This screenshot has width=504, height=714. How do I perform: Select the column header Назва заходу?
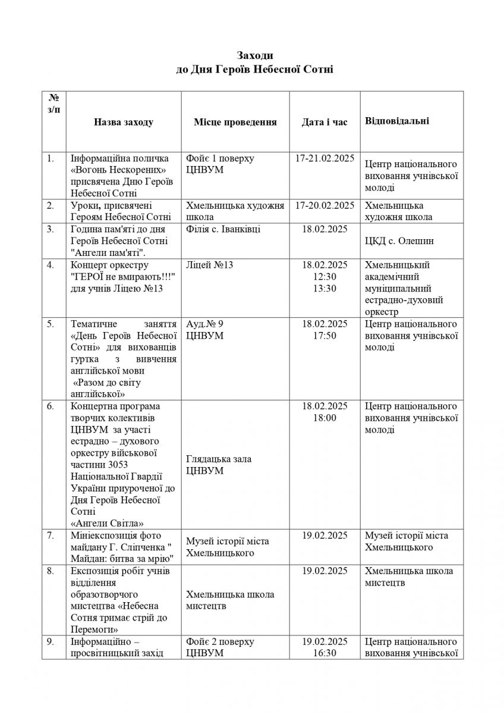coord(124,122)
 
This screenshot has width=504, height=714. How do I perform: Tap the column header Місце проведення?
coord(235,122)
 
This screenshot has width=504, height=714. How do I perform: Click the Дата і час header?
coord(325,122)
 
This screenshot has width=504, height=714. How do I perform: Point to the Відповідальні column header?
coord(397,121)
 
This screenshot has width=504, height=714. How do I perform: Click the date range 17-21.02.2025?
coord(325,158)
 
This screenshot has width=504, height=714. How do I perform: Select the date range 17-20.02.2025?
coord(325,205)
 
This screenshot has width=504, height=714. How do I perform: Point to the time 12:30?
coord(325,277)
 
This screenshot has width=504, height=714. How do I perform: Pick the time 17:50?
coord(325,336)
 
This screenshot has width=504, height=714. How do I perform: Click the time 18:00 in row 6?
coord(325,418)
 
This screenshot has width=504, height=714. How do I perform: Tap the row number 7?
coord(51,535)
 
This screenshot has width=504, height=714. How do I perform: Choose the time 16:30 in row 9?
coord(325,653)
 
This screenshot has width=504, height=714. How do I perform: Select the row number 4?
coord(51,265)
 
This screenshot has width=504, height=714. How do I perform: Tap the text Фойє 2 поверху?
coord(220,641)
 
